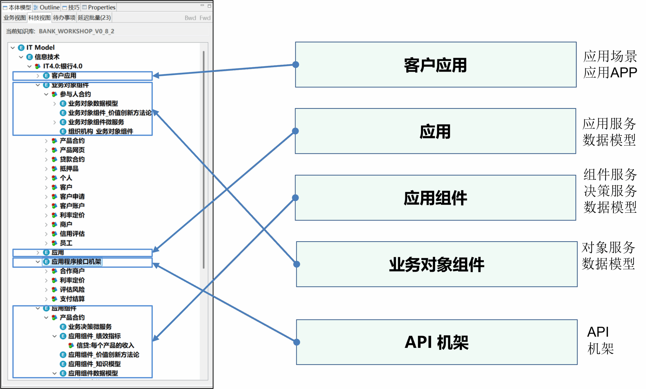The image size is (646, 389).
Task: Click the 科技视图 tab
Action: pos(39,18)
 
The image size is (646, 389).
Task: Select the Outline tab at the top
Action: pos(47,7)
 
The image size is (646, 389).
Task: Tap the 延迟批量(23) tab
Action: pos(94,18)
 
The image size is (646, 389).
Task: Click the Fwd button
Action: pos(205,18)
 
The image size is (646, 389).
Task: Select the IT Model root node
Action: pos(40,47)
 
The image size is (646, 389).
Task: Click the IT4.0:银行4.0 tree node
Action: pos(63,66)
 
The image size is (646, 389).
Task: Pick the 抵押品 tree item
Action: pos(69,168)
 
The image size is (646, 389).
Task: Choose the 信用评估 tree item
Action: pos(72,234)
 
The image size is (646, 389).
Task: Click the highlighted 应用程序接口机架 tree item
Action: pos(76,262)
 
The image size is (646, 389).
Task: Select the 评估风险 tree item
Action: pos(72,289)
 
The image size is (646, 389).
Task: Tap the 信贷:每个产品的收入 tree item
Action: pos(105,345)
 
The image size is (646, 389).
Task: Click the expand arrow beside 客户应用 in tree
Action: pos(38,76)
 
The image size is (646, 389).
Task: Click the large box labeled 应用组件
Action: pos(435,198)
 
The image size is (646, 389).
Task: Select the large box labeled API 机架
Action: pos(437,342)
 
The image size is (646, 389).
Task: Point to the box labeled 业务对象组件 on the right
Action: pos(437,264)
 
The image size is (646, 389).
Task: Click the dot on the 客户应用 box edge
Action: pos(296,64)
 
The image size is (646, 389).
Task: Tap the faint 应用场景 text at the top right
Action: pos(610,56)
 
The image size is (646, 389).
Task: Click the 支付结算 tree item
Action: pos(72,299)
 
